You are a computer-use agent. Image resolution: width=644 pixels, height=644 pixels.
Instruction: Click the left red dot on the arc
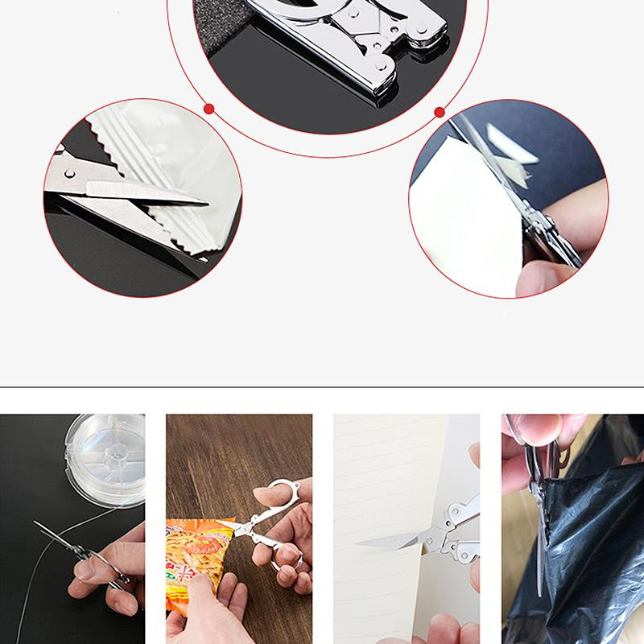click(x=208, y=107)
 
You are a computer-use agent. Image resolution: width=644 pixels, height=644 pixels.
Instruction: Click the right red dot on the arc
click(x=440, y=112)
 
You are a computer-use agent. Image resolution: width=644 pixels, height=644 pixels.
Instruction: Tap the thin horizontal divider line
click(x=322, y=387)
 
